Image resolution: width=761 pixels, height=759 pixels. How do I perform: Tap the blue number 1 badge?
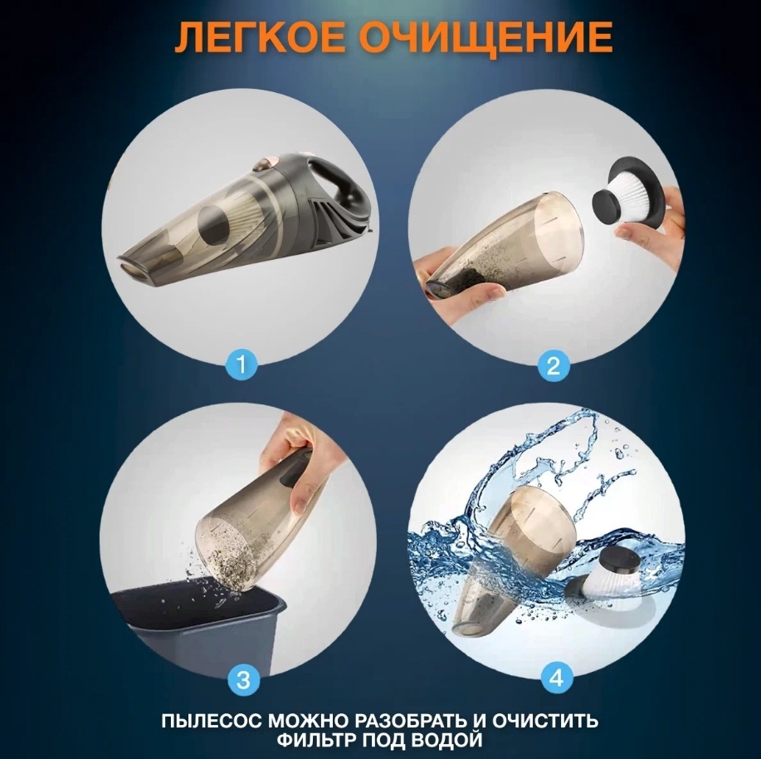click(241, 365)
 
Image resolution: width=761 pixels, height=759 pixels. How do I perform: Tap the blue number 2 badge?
click(554, 365)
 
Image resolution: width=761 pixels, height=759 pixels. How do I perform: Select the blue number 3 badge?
click(242, 679)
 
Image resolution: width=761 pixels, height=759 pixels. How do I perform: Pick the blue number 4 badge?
click(556, 677)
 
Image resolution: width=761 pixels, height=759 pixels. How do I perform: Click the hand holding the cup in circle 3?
click(297, 462)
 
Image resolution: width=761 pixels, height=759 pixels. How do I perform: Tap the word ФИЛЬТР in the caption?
click(316, 740)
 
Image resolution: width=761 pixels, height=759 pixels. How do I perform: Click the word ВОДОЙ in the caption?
click(446, 741)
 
